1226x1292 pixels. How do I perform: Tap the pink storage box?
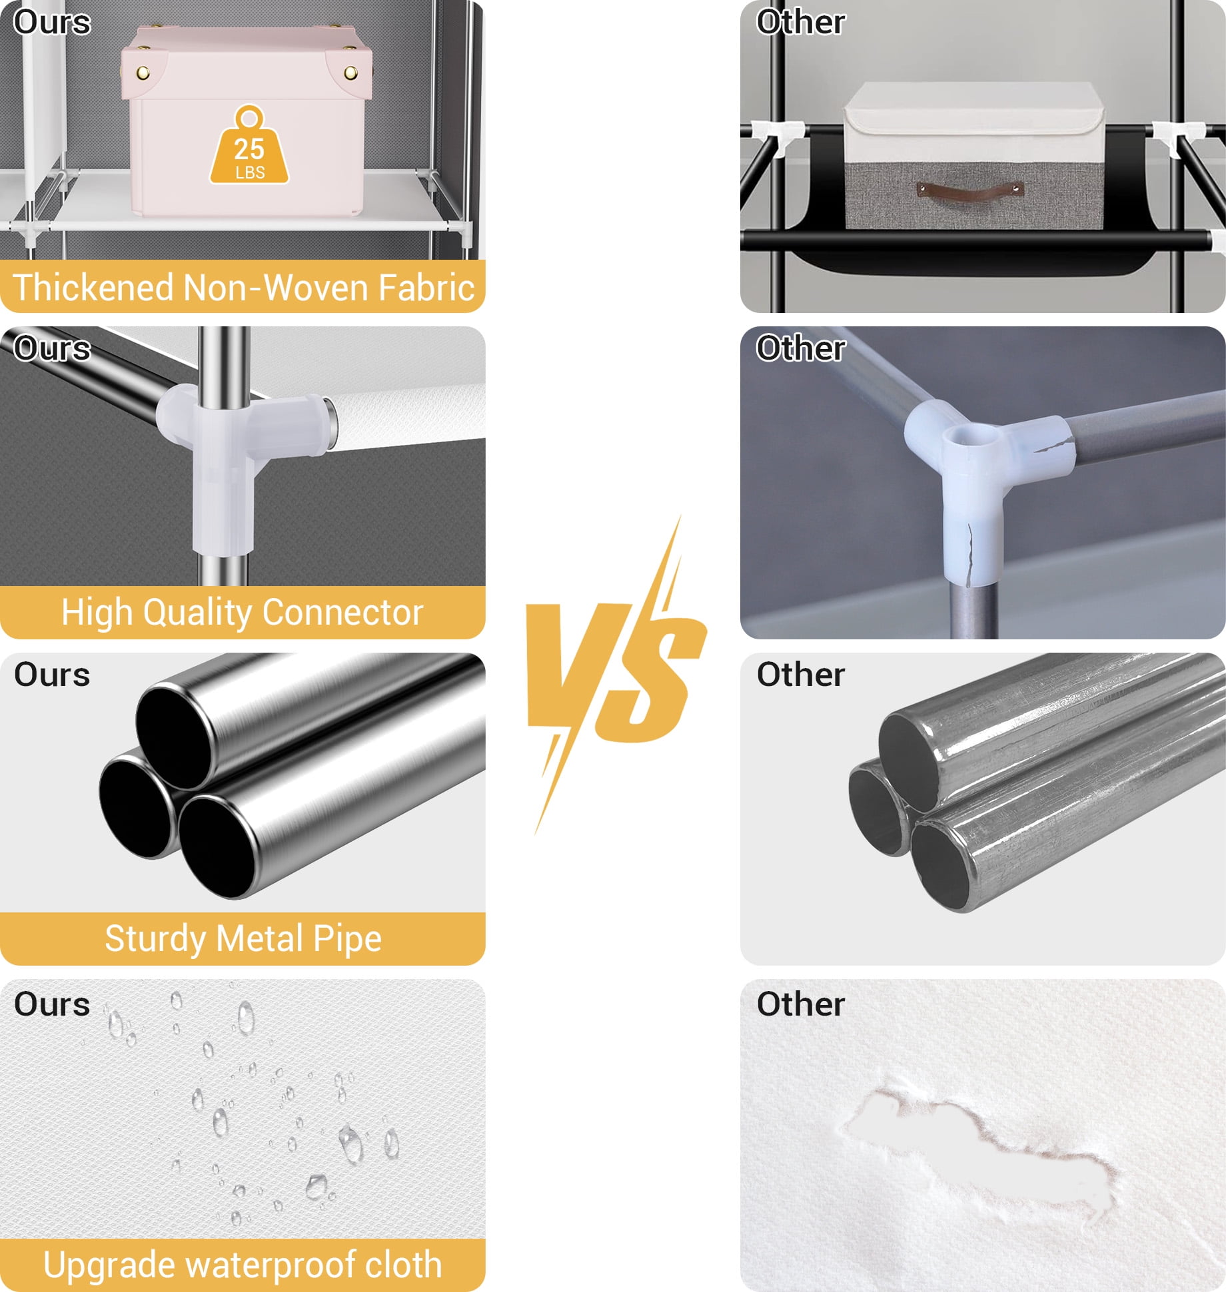click(x=246, y=121)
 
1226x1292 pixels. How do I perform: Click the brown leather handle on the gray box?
click(x=969, y=190)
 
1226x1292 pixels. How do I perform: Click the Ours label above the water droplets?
click(x=52, y=1004)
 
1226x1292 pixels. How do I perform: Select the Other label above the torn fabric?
click(x=801, y=1004)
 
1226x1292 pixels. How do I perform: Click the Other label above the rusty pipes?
click(x=801, y=675)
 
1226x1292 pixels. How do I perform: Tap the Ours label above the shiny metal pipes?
click(x=52, y=675)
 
